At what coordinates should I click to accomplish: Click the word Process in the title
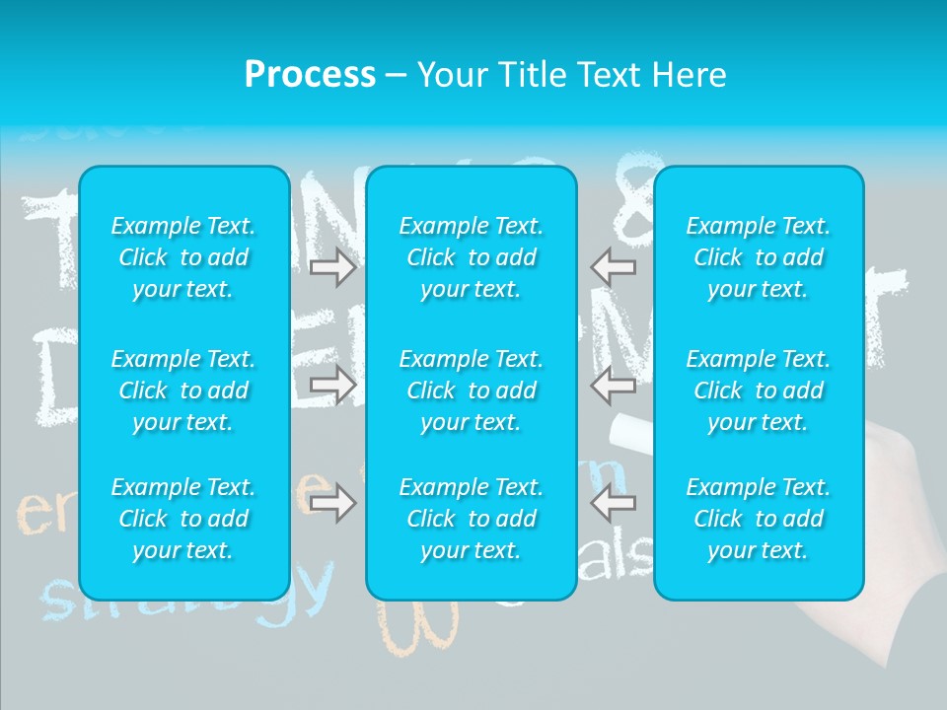pos(310,75)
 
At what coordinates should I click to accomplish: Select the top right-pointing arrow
pos(332,267)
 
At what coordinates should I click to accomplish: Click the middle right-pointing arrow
pos(332,386)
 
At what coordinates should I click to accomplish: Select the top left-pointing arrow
pos(614,267)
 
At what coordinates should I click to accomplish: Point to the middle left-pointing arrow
pos(614,386)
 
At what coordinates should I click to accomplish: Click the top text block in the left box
pos(183,257)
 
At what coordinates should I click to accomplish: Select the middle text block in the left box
pos(183,390)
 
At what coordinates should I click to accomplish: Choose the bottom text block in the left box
pos(183,519)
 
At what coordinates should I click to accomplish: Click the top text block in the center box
pos(471,257)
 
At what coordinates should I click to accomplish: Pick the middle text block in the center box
pos(471,390)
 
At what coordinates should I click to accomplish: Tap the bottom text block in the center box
pos(471,519)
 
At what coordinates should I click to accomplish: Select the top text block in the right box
pos(758,257)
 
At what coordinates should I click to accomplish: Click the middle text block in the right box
pos(758,390)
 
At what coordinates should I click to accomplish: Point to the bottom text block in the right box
pos(758,519)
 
